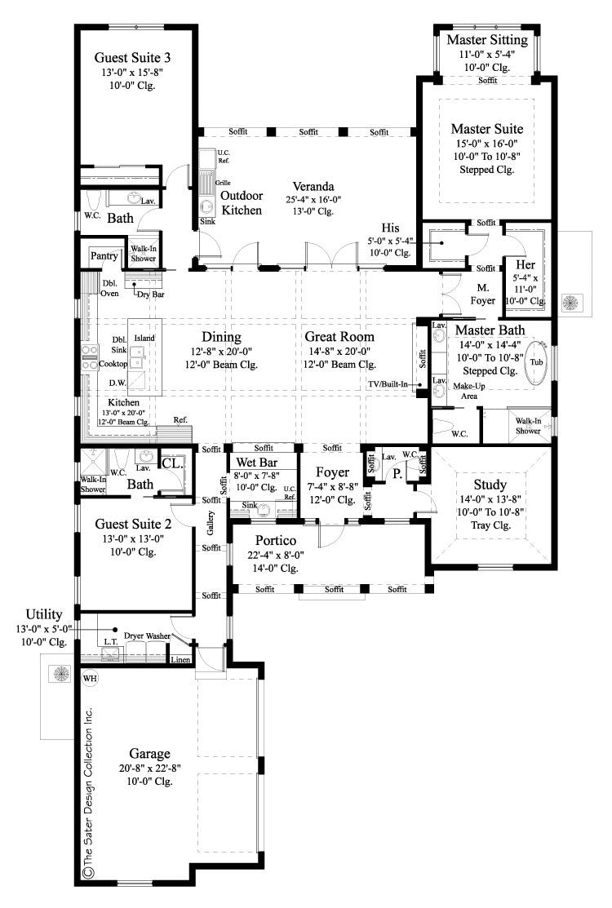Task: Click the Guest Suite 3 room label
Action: click(132, 57)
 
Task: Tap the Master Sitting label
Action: click(488, 40)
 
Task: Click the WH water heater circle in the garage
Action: click(89, 677)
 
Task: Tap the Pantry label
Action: click(104, 256)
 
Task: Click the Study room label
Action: click(490, 485)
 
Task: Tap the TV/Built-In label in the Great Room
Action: click(387, 384)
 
